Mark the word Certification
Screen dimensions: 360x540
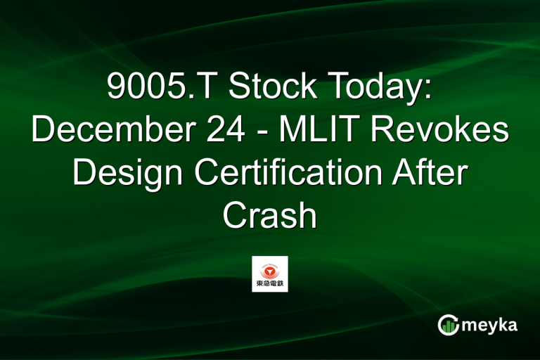click(x=284, y=173)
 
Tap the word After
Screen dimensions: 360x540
click(x=434, y=173)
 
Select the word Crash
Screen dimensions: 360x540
click(x=269, y=216)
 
